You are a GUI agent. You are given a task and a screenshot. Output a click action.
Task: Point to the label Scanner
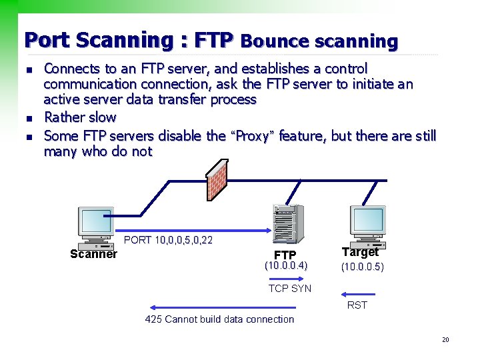point(93,254)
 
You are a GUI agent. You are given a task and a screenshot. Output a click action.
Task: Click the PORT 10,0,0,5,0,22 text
point(168,240)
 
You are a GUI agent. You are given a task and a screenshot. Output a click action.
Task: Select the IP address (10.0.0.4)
point(286,266)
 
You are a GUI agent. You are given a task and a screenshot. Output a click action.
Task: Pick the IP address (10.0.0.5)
point(363,267)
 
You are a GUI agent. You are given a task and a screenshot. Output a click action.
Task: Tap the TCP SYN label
point(289,289)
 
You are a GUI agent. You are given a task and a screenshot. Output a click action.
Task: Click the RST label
point(357,305)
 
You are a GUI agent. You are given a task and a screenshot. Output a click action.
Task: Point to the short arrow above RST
point(357,293)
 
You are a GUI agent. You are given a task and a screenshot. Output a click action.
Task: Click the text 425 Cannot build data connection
point(219,319)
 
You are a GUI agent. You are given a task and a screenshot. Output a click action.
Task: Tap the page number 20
point(445,340)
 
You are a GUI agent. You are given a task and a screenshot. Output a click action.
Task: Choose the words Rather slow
point(80,117)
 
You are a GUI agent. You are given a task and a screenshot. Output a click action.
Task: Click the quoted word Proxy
point(252,137)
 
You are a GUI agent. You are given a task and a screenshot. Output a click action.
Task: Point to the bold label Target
point(360,252)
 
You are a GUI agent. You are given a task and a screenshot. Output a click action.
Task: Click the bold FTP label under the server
point(285,255)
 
